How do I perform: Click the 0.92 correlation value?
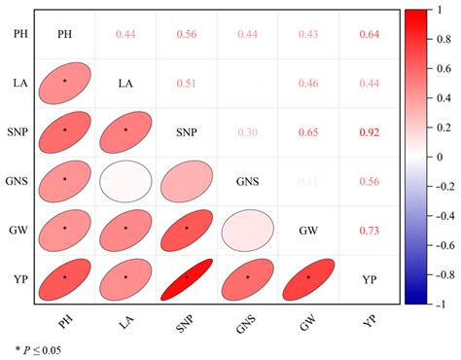point(369,131)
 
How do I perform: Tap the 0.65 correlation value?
point(308,131)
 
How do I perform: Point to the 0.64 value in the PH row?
point(369,35)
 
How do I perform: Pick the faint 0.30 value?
point(247,131)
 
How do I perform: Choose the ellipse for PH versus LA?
point(65,83)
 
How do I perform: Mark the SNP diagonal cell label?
point(187,131)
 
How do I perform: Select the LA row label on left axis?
point(20,83)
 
